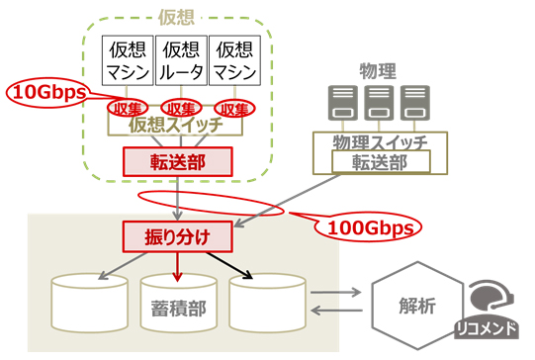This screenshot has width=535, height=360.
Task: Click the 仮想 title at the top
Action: click(178, 17)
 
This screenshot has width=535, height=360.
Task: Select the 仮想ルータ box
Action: click(181, 61)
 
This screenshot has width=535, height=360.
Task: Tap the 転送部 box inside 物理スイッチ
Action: click(377, 161)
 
